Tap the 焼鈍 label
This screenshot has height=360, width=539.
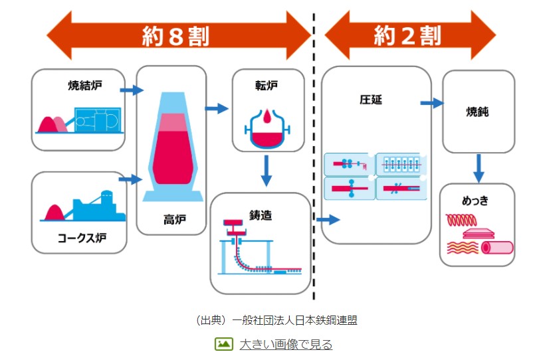pos(477,112)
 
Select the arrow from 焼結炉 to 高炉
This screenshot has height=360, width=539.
pos(133,90)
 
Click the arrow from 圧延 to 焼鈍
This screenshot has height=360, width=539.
pos(432,103)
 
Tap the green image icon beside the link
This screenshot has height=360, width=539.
pos(223,344)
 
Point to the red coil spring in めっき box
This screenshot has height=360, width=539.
pos(461,219)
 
